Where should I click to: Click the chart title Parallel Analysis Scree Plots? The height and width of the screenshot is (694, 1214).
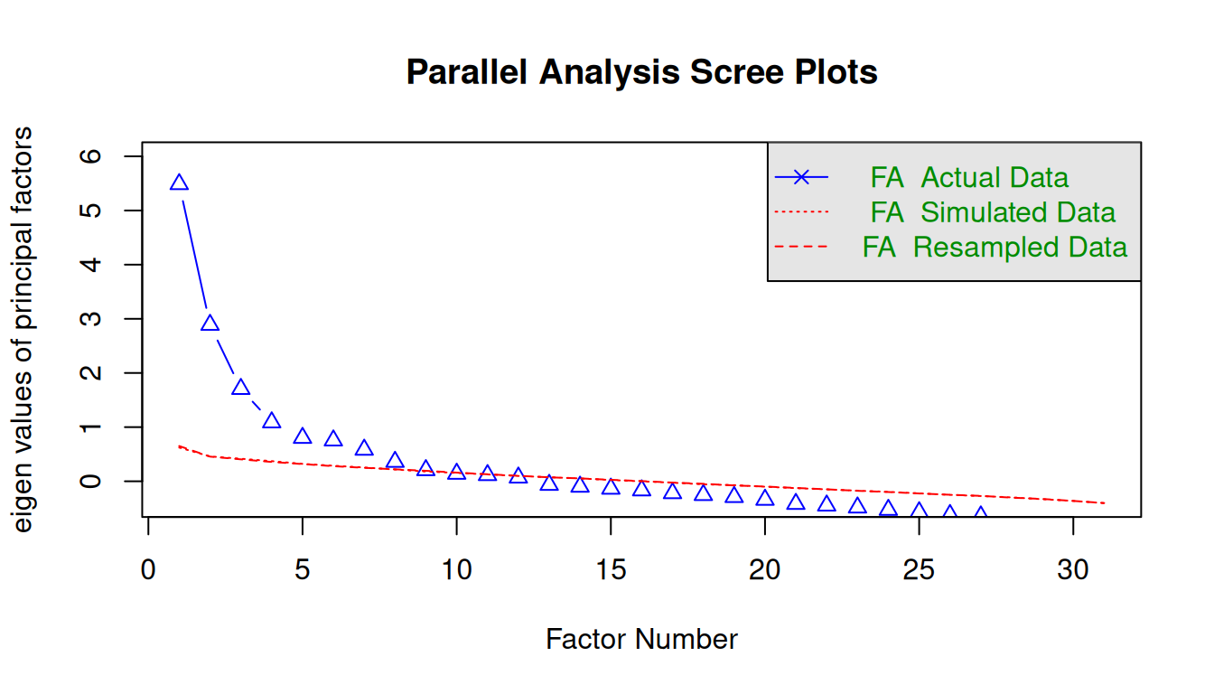[x=641, y=72]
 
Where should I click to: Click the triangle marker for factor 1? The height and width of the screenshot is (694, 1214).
[x=179, y=183]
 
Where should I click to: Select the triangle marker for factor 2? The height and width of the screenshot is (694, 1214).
[x=210, y=324]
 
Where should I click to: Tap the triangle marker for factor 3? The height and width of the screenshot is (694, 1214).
[x=240, y=388]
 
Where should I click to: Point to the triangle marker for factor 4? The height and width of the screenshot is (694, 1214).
[x=272, y=421]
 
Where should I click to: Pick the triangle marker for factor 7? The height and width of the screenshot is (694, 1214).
[x=364, y=448]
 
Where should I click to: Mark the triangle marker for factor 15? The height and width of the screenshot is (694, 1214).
[x=611, y=487]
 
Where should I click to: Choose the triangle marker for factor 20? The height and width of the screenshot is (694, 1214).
[x=765, y=498]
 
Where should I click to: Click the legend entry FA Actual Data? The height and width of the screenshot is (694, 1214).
[x=969, y=177]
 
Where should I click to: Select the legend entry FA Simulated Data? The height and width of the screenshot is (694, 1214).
[x=993, y=212]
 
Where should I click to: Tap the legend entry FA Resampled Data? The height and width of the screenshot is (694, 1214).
[x=995, y=247]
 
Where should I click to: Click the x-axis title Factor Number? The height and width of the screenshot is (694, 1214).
[x=641, y=640]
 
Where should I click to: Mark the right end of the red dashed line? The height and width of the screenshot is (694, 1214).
[x=1104, y=502]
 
